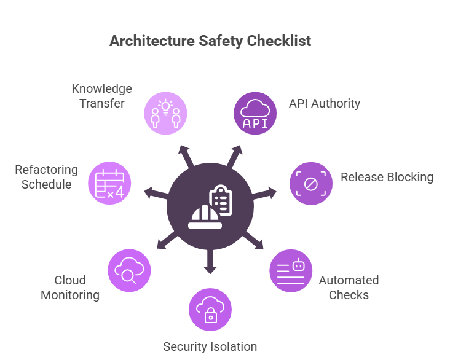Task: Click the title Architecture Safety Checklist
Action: point(210,41)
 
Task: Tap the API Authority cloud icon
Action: point(255,113)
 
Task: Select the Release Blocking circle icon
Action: point(311,183)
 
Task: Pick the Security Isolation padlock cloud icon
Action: point(210,310)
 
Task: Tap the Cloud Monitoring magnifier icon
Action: point(129,271)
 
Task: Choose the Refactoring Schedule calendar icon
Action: point(109,183)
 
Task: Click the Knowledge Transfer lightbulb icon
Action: point(165,113)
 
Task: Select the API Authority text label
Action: point(325,103)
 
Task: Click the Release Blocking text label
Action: point(387,178)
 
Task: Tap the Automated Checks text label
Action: point(349,288)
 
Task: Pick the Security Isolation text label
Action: point(210,346)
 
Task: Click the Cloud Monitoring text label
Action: point(70,288)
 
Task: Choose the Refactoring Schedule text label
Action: point(47,177)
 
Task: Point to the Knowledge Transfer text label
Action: point(101,96)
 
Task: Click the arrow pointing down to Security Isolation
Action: point(210,262)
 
